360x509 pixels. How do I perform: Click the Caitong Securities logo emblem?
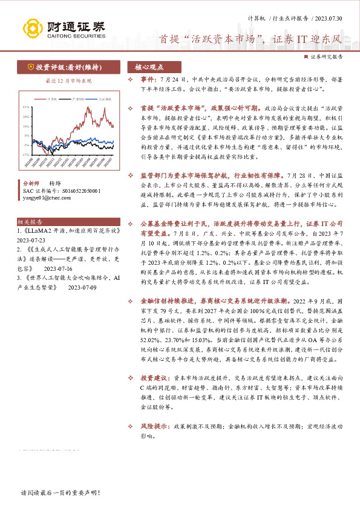point(31,27)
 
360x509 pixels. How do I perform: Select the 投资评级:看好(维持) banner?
point(61,66)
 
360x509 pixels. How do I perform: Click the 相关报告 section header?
point(34,222)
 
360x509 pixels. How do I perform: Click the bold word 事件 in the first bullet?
point(149,79)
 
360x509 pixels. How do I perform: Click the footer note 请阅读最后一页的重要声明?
point(59,493)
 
